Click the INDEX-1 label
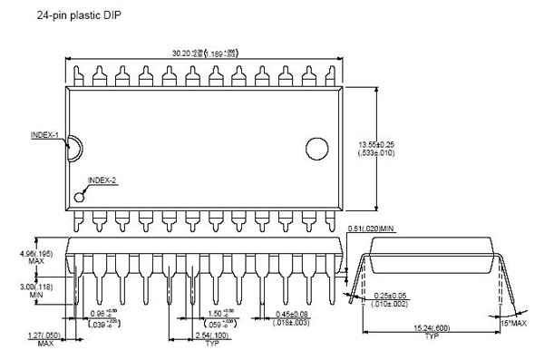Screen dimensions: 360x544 [44, 136]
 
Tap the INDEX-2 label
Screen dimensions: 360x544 [102, 180]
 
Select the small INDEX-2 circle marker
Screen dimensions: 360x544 [80, 195]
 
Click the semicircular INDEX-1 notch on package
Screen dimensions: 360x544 [73, 149]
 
